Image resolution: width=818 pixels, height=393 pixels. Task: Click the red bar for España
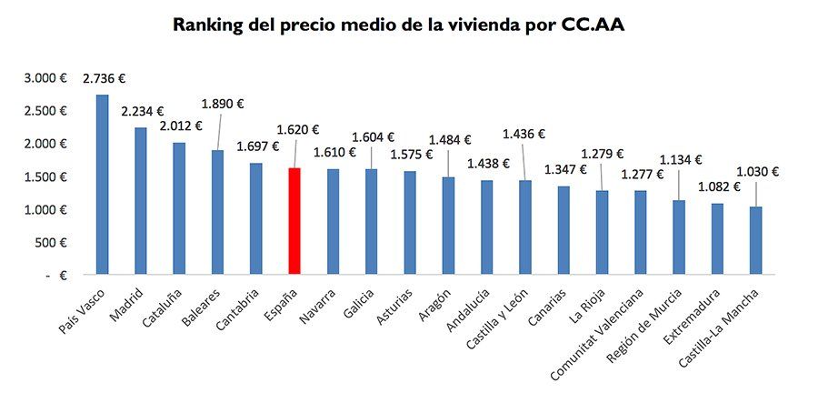tap(294, 220)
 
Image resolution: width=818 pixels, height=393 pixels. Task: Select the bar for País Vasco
tap(102, 184)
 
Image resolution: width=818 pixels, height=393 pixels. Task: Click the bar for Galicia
tap(371, 221)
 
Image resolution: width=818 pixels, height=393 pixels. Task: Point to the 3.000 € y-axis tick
tap(45, 78)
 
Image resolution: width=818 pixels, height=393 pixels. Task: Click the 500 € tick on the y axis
tap(52, 242)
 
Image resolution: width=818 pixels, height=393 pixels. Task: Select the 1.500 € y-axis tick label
tap(45, 176)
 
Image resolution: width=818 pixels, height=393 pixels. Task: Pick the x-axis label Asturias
tap(394, 307)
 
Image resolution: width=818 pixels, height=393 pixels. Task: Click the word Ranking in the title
tap(209, 25)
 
